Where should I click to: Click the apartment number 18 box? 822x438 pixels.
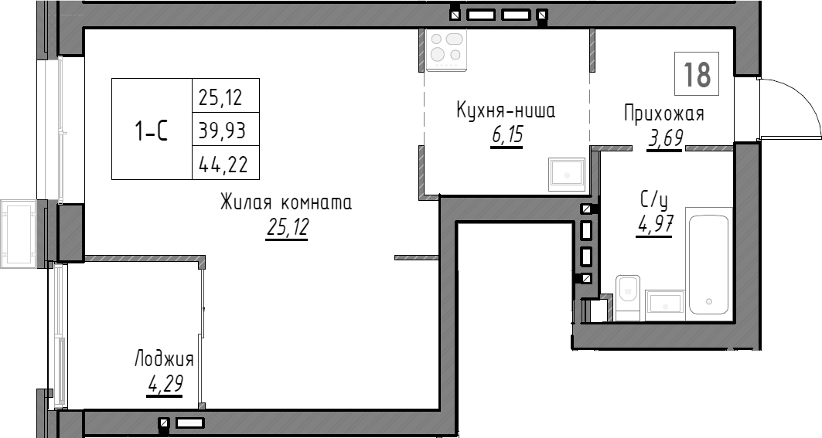[x=697, y=74]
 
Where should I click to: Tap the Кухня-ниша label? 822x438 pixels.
[x=506, y=111]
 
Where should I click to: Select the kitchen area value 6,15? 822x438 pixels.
[x=506, y=136]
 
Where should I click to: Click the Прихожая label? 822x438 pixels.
[x=664, y=114]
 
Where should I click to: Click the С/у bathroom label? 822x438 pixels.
[x=653, y=201]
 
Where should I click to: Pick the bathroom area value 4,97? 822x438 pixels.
[x=653, y=225]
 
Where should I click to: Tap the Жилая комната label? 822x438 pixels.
[x=286, y=203]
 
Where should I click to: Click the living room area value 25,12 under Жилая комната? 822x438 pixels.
[x=286, y=227]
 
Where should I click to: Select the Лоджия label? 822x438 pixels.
[x=164, y=359]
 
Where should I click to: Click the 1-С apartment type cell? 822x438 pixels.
[x=152, y=130]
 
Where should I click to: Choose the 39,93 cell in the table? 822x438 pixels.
[x=225, y=130]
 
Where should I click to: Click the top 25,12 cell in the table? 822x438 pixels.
[x=225, y=97]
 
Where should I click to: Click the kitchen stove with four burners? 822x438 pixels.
[x=446, y=49]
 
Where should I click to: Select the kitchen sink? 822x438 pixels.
[x=567, y=174]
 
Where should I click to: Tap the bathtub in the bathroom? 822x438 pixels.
[x=708, y=263]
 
